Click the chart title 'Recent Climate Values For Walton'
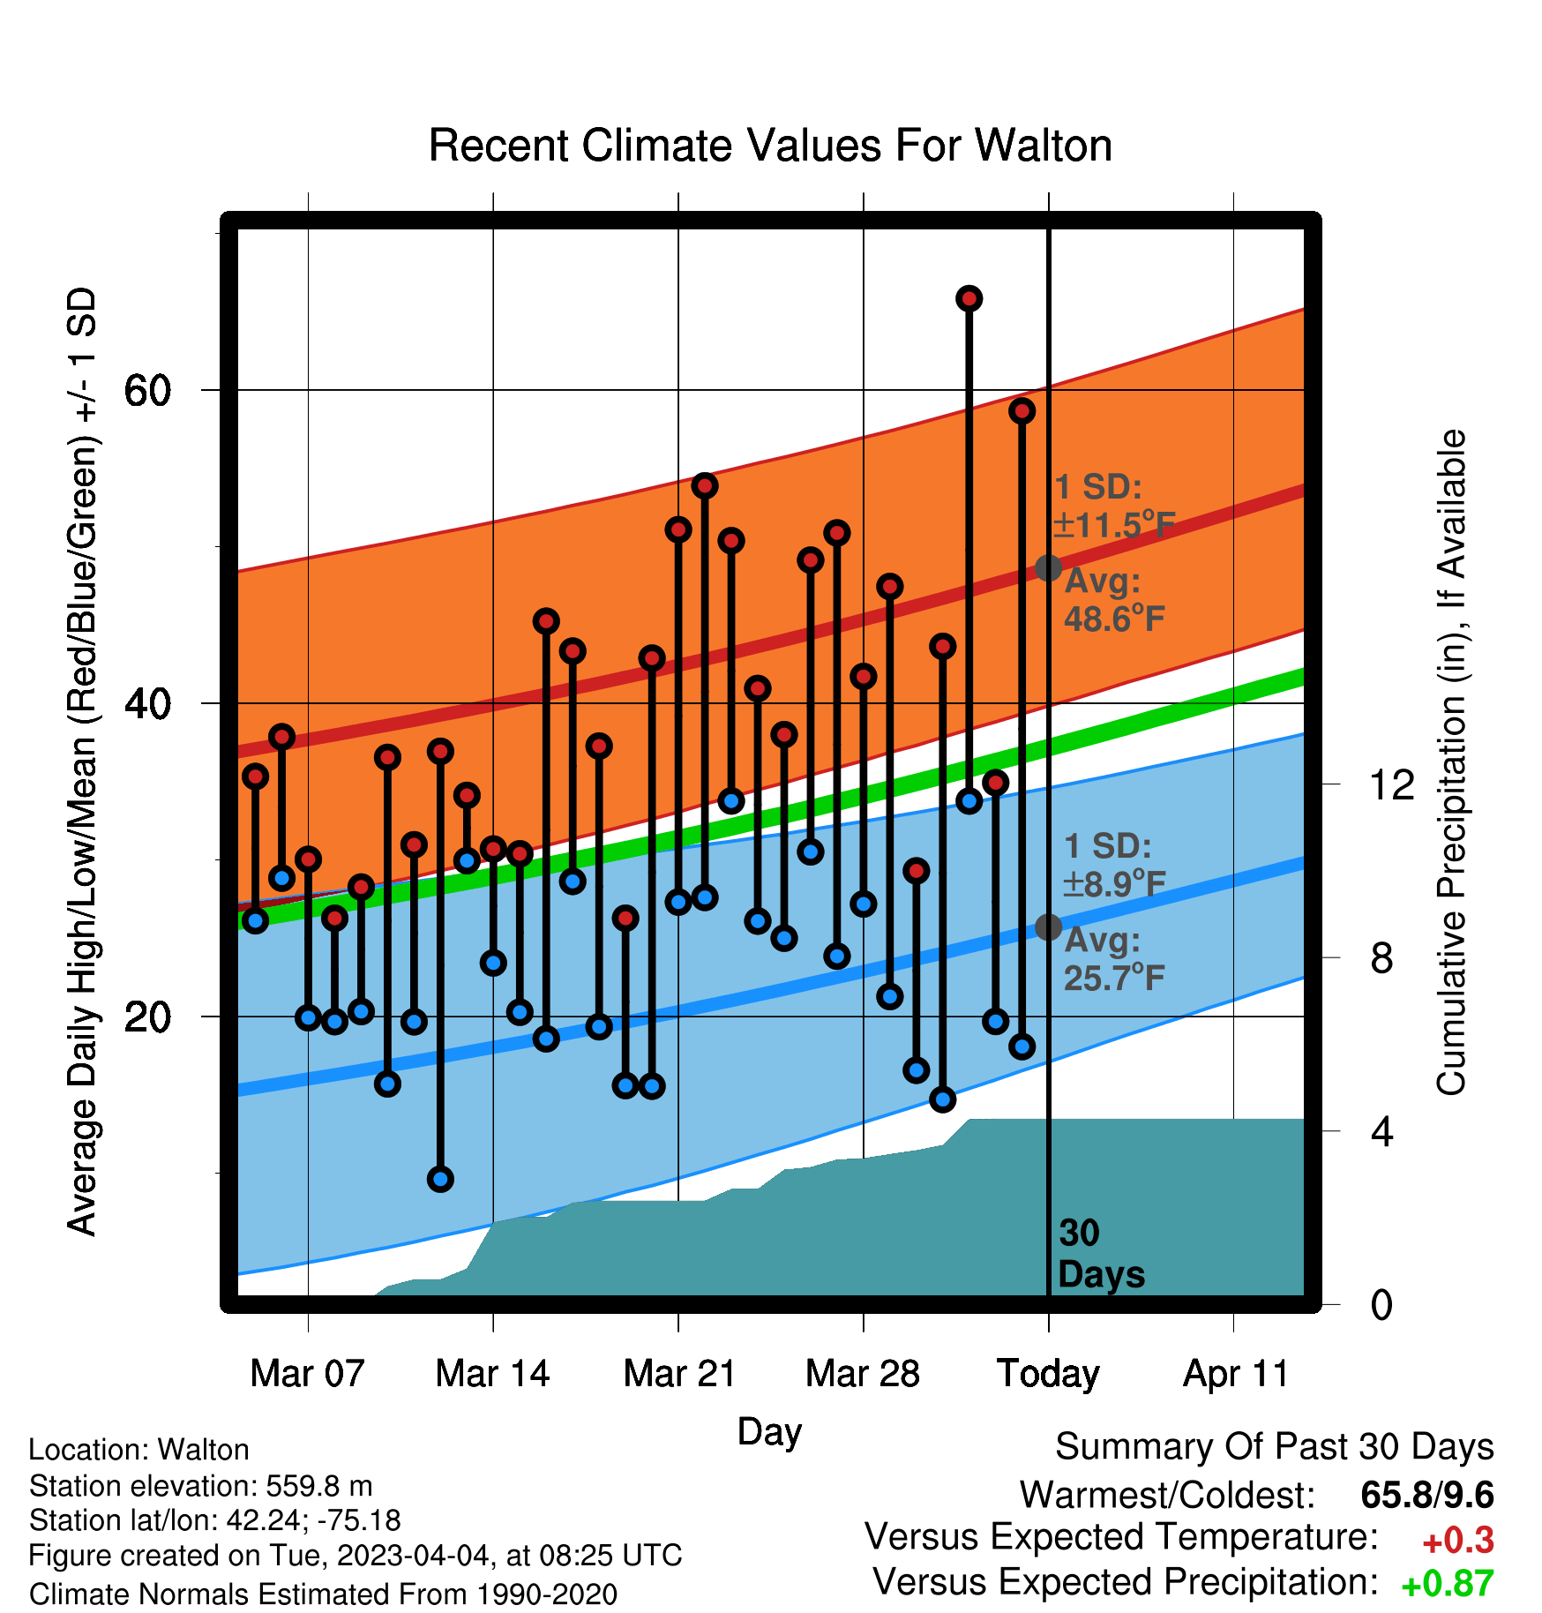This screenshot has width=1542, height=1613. pyautogui.click(x=770, y=146)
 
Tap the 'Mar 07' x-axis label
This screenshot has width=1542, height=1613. pyautogui.click(x=307, y=1373)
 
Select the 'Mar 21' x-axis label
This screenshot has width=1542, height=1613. pyautogui.click(x=679, y=1373)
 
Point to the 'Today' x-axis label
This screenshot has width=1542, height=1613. pyautogui.click(x=1048, y=1375)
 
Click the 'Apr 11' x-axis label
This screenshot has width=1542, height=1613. pyautogui.click(x=1235, y=1375)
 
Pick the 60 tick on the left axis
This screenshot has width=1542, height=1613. pyautogui.click(x=148, y=390)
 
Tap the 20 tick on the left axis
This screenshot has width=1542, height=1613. pyautogui.click(x=148, y=1017)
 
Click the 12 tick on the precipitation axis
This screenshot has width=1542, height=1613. pyautogui.click(x=1392, y=784)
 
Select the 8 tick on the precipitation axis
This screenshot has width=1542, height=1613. pyautogui.click(x=1381, y=957)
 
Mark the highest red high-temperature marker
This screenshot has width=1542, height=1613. pyautogui.click(x=969, y=299)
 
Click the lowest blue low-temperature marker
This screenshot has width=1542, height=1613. pyautogui.click(x=440, y=1179)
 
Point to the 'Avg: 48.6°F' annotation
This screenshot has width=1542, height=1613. pyautogui.click(x=1114, y=600)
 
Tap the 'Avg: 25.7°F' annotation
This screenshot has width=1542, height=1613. pyautogui.click(x=1114, y=959)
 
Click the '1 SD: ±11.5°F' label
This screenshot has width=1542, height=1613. pyautogui.click(x=1114, y=506)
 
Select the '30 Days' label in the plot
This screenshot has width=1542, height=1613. pyautogui.click(x=1101, y=1254)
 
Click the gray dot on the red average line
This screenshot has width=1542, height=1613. pyautogui.click(x=1048, y=567)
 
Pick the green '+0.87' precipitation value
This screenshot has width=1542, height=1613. pyautogui.click(x=1448, y=1584)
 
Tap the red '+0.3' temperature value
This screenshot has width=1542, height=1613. pyautogui.click(x=1458, y=1541)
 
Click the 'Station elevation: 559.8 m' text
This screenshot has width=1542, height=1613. pyautogui.click(x=201, y=1486)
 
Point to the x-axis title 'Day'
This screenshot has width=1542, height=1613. pyautogui.click(x=769, y=1431)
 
